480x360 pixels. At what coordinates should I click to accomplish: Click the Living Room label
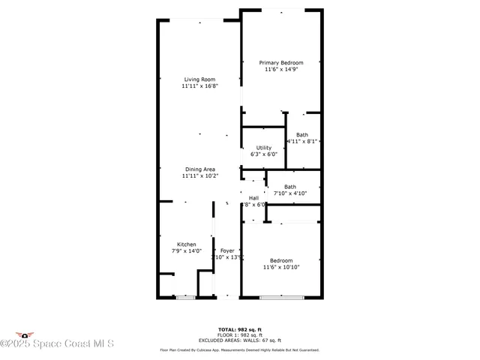pyautogui.click(x=199, y=79)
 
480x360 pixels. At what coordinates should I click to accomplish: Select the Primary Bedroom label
pyautogui.click(x=281, y=63)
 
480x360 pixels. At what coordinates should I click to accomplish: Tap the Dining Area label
pyautogui.click(x=199, y=169)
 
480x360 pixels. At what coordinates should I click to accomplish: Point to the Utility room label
pyautogui.click(x=264, y=148)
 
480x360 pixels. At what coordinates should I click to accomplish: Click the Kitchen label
pyautogui.click(x=187, y=244)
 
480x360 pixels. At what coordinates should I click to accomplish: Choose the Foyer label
pyautogui.click(x=227, y=250)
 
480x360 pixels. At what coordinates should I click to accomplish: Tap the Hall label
pyautogui.click(x=253, y=198)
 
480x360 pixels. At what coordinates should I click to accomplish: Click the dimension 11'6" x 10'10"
pyautogui.click(x=281, y=267)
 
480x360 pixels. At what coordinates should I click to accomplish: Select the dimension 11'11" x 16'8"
pyautogui.click(x=199, y=86)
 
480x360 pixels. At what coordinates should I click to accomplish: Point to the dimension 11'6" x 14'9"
pyautogui.click(x=281, y=70)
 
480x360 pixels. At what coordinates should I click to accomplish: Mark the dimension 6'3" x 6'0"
pyautogui.click(x=264, y=154)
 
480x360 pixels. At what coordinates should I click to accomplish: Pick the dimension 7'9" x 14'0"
pyautogui.click(x=187, y=251)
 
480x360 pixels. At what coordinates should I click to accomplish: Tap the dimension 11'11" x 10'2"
pyautogui.click(x=199, y=176)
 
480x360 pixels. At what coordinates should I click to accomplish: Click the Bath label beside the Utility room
pyautogui.click(x=301, y=134)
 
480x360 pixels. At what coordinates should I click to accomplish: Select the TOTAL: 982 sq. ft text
pyautogui.click(x=240, y=329)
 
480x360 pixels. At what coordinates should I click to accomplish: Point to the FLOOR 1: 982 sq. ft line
pyautogui.click(x=240, y=334)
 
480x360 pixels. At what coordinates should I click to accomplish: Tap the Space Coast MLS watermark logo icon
pyautogui.click(x=25, y=334)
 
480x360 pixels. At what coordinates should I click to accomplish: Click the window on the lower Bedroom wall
pyautogui.click(x=281, y=298)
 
